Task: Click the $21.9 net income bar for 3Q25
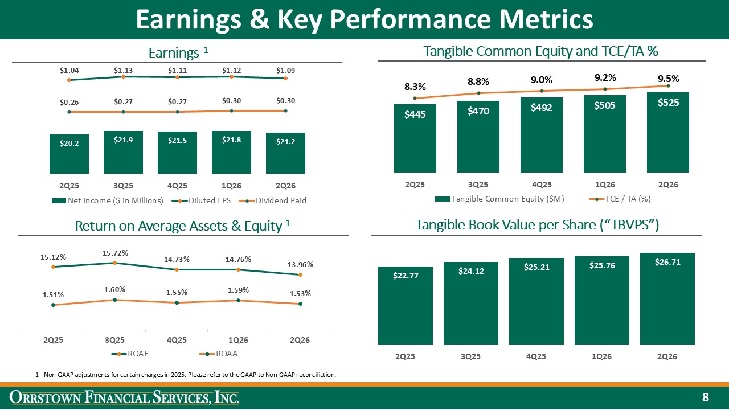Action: pos(123,152)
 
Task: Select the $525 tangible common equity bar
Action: pos(668,133)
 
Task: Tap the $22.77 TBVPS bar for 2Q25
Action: pos(405,306)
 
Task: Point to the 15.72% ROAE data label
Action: pos(115,253)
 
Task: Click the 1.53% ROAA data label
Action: pos(300,293)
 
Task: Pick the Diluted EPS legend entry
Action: pos(201,201)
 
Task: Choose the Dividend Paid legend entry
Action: pos(272,201)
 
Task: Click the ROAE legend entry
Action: pos(130,354)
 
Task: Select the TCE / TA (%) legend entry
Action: pos(620,199)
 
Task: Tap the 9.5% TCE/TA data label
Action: pos(669,79)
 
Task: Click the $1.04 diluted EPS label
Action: pos(69,70)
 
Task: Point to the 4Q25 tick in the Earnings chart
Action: pos(177,186)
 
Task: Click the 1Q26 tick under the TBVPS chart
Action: pos(601,356)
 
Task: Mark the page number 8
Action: pos(706,397)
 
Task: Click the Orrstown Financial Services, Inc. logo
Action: pos(124,397)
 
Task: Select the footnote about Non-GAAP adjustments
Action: pos(186,375)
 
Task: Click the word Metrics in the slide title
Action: pos(546,19)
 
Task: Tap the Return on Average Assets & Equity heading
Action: pos(182,226)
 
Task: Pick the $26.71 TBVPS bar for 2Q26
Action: pos(667,299)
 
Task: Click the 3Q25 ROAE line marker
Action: pos(115,263)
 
